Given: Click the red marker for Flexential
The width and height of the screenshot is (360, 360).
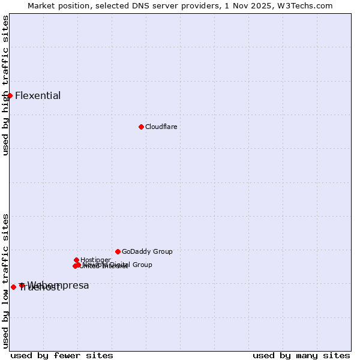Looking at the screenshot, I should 10,95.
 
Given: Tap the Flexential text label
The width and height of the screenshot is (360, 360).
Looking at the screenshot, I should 38,96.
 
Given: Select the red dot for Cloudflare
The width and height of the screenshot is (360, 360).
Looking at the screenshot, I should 141,127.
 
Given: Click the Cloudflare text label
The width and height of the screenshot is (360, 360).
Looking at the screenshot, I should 161,127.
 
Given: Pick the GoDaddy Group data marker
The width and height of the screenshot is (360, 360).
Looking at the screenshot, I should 118,251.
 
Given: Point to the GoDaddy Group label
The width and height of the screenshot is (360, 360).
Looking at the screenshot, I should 147,252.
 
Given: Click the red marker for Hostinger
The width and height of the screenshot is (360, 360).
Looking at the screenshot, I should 76,260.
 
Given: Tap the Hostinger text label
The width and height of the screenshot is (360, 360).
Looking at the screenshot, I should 95,260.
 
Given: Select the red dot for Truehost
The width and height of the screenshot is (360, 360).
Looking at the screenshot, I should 13,287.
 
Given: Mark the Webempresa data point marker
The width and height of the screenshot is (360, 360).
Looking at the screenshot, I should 22,285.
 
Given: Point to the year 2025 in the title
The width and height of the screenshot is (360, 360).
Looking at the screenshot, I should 268,5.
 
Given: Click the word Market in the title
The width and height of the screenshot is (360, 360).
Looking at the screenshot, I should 41,5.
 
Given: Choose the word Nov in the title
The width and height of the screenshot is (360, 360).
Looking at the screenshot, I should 248,5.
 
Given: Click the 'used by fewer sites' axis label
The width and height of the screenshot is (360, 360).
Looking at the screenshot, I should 62,355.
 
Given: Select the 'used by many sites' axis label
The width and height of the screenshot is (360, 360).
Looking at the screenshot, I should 301,355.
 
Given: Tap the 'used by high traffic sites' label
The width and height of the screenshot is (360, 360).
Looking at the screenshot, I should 5,85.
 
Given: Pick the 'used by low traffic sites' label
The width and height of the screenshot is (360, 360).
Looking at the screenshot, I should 5,281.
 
